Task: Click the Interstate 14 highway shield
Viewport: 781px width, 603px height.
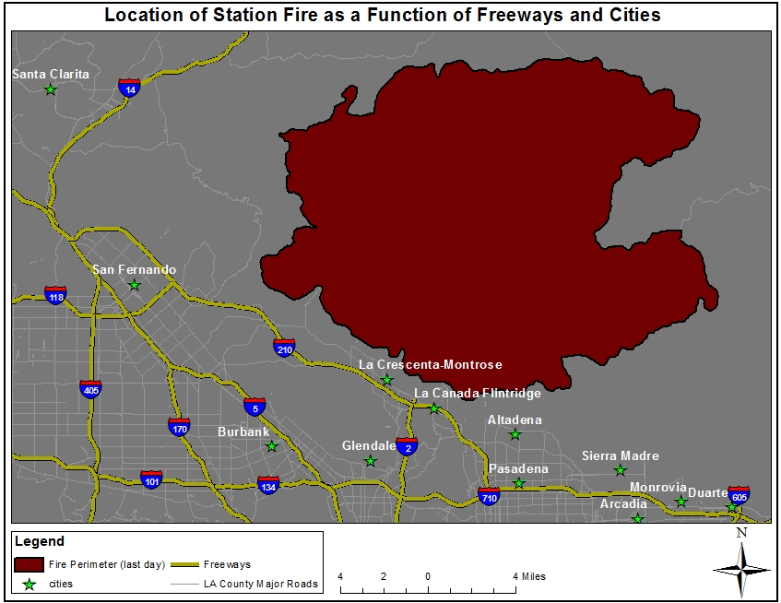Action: point(130,88)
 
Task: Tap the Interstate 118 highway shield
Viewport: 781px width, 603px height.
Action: point(56,295)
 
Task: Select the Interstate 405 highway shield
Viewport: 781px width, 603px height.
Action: point(90,389)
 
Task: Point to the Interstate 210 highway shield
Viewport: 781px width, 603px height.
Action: point(284,348)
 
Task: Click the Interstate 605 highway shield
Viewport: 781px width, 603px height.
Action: point(739,495)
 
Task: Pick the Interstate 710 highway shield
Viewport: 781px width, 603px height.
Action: point(489,497)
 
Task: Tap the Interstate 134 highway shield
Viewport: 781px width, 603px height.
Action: point(268,485)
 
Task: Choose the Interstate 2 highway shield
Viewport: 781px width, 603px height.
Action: point(407,446)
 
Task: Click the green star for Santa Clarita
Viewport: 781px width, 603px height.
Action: point(51,89)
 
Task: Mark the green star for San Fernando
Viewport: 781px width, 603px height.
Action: point(134,285)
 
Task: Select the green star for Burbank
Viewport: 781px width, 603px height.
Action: point(271,446)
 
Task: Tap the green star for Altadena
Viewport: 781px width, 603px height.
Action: point(515,434)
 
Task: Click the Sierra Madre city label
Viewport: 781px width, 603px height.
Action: point(620,455)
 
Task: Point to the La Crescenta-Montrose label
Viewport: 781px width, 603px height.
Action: point(430,364)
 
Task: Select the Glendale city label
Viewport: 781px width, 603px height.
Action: point(369,445)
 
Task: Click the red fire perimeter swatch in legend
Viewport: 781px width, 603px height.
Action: point(30,563)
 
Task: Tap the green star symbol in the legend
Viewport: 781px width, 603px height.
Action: point(30,584)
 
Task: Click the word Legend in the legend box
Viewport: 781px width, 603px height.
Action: point(41,541)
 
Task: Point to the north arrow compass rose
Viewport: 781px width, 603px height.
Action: point(741,567)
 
